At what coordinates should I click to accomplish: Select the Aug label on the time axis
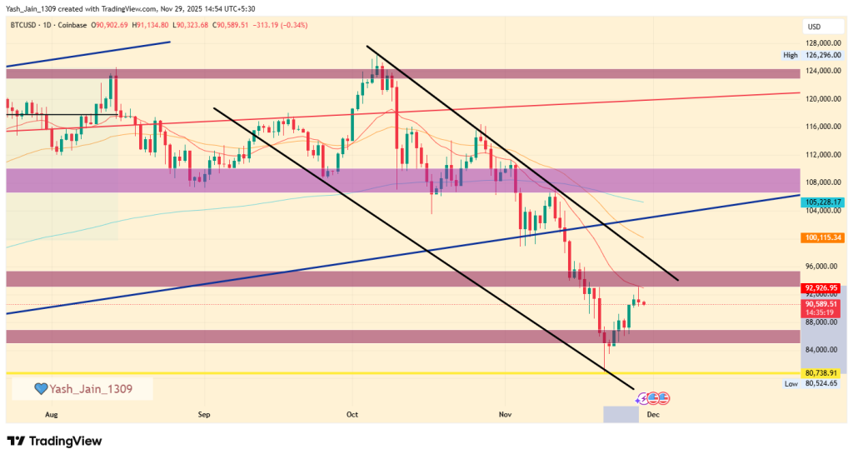(x=52, y=413)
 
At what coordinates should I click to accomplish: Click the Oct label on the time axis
(x=352, y=413)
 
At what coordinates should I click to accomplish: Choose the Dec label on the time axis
(x=654, y=413)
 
